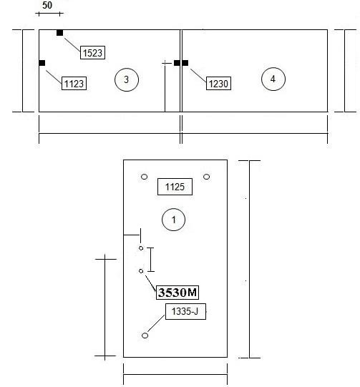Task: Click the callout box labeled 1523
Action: pos(92,52)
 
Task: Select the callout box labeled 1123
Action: pos(74,84)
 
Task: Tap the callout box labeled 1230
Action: pos(218,84)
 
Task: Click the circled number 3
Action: pos(127,79)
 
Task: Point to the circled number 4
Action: pos(273,79)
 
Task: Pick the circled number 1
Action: pos(174,220)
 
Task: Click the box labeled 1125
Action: pos(175,187)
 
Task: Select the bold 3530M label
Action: pos(177,293)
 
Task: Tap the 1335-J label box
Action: pos(185,311)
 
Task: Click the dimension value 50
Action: pos(47,5)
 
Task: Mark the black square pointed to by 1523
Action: pos(59,33)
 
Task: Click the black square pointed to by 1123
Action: pos(42,63)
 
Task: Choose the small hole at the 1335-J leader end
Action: pos(145,335)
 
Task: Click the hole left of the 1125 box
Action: pos(144,177)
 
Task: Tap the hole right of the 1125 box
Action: pos(207,177)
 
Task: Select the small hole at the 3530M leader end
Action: pos(141,271)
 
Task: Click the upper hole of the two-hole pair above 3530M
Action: pos(141,248)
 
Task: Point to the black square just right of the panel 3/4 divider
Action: pos(185,63)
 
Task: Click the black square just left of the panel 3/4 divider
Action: pos(177,63)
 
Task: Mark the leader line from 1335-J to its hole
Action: pos(156,323)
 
